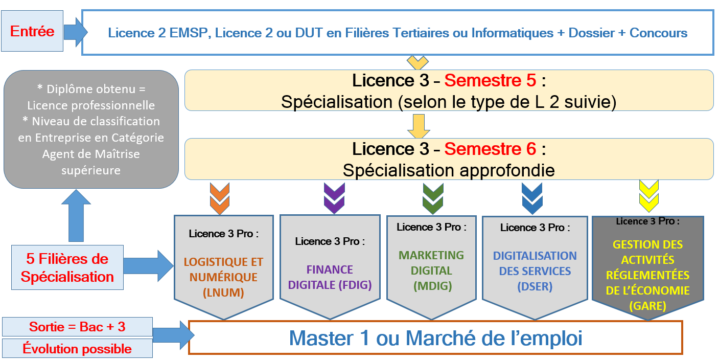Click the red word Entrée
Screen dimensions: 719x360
(32, 32)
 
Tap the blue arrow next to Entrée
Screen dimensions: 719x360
(76, 32)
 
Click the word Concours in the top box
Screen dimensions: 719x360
(658, 33)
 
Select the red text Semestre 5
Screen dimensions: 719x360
(490, 80)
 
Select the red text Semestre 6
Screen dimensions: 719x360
(490, 149)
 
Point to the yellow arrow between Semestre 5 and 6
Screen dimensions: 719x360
(419, 126)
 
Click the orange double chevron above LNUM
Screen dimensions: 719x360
(220, 198)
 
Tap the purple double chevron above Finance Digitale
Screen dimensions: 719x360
(334, 198)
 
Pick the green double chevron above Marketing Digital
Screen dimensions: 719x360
(433, 198)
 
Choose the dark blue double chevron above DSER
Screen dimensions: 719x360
(532, 198)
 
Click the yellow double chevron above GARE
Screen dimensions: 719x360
(648, 196)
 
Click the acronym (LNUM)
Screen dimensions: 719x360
(223, 292)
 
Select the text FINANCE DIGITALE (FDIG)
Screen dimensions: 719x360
(330, 277)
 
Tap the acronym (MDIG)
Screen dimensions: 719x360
(433, 286)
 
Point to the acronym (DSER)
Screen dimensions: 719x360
(535, 286)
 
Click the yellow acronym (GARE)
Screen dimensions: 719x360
(648, 306)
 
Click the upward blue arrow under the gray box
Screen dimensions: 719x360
(76, 215)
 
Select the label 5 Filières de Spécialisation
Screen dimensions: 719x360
(67, 267)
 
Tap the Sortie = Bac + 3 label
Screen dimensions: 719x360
(77, 327)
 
